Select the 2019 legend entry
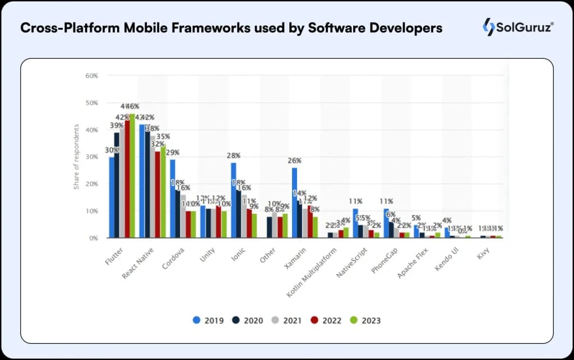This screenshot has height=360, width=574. tap(209, 320)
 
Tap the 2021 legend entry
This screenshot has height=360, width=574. tap(286, 320)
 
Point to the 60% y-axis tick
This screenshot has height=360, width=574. tap(91, 76)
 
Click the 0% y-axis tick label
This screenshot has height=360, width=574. tap(93, 238)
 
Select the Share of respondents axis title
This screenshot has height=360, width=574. tap(76, 157)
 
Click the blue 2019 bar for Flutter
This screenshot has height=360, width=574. tap(112, 197)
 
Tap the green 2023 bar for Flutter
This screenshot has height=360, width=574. tap(132, 176)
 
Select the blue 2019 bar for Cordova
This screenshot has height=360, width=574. tap(173, 199)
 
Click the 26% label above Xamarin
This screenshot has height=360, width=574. tap(294, 161)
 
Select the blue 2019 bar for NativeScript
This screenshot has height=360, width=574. tap(355, 223)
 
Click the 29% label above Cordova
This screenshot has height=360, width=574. tap(173, 153)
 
